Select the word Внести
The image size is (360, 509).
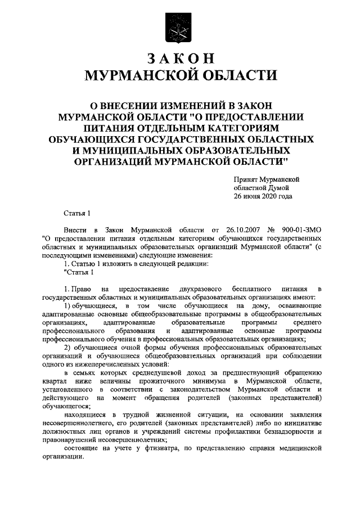point(76,231)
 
